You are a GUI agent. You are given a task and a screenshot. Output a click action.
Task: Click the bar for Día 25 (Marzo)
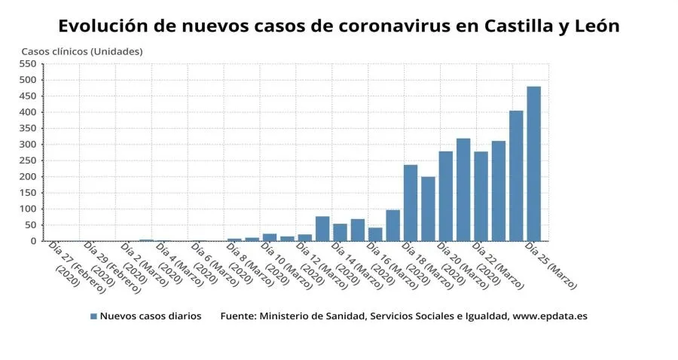coord(533,163)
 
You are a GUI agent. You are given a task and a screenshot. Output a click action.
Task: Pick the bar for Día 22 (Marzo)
coord(481,196)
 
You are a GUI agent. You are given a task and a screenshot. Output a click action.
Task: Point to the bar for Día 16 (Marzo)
coord(374,234)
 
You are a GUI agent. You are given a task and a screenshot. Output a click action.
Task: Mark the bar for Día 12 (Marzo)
coord(304,237)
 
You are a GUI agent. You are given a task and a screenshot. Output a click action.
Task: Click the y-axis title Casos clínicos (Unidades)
coord(81,51)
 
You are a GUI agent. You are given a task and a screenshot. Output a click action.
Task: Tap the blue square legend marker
coord(93,316)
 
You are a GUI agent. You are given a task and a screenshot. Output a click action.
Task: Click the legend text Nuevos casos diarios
coord(151,316)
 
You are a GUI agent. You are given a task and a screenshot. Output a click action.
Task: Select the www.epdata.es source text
coord(549,316)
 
